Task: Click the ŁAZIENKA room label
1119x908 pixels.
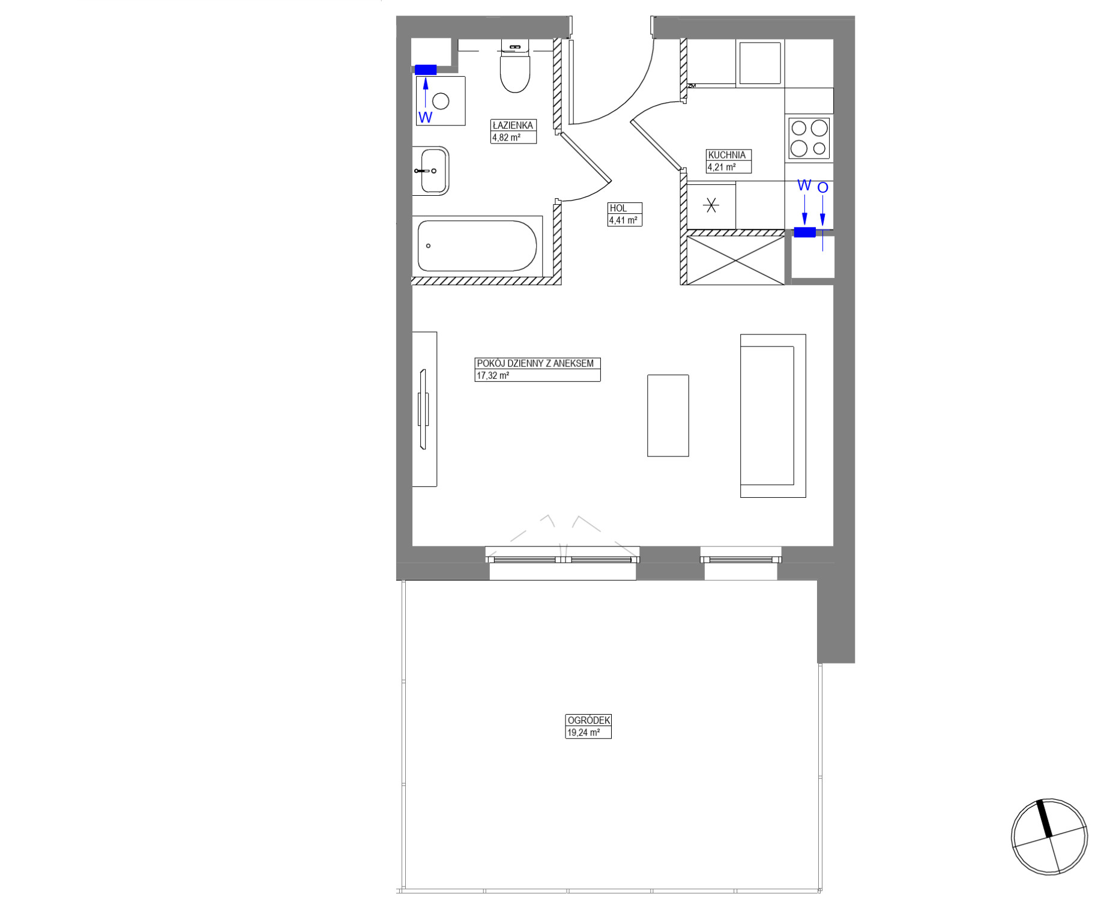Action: point(513,126)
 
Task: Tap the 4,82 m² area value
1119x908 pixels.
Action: point(506,138)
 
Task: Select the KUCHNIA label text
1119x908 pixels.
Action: point(726,155)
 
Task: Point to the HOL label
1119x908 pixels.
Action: point(618,208)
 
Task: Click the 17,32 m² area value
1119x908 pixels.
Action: point(493,376)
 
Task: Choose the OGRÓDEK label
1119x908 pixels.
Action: point(588,720)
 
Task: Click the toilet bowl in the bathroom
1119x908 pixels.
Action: point(515,71)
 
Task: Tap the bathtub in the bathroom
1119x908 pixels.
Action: point(477,246)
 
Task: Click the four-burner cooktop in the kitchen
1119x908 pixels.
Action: point(809,138)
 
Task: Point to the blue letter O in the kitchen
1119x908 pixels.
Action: point(822,187)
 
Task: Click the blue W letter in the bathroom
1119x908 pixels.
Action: point(425,117)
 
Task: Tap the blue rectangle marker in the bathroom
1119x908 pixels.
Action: point(426,70)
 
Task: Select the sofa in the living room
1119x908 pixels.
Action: point(773,416)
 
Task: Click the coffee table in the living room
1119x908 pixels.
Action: point(668,416)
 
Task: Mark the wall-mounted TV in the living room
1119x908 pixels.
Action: point(424,409)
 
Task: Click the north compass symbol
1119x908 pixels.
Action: point(1049,837)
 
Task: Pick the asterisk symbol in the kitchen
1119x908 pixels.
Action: point(711,206)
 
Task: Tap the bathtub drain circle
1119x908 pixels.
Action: point(428,246)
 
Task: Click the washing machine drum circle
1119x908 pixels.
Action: point(441,101)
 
